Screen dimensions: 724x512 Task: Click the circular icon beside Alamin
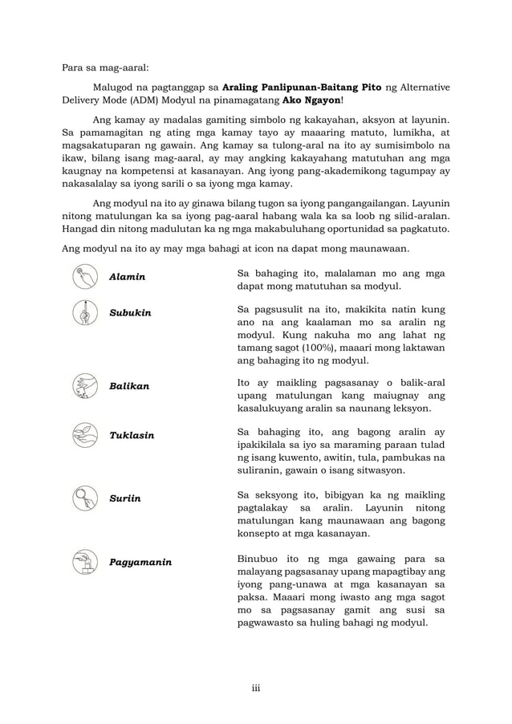tap(84, 277)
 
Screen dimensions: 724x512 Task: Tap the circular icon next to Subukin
tap(84, 312)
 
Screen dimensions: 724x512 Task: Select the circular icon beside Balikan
tap(84, 386)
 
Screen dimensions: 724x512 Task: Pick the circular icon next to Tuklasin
tap(84, 436)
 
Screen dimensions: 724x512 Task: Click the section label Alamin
tap(127, 277)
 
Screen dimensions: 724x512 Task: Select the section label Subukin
tap(130, 312)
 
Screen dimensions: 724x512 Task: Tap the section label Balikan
tap(129, 386)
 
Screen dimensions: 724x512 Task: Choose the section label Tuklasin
tap(132, 436)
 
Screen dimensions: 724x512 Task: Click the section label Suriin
tap(124, 498)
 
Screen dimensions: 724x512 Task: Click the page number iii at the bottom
tap(256, 687)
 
